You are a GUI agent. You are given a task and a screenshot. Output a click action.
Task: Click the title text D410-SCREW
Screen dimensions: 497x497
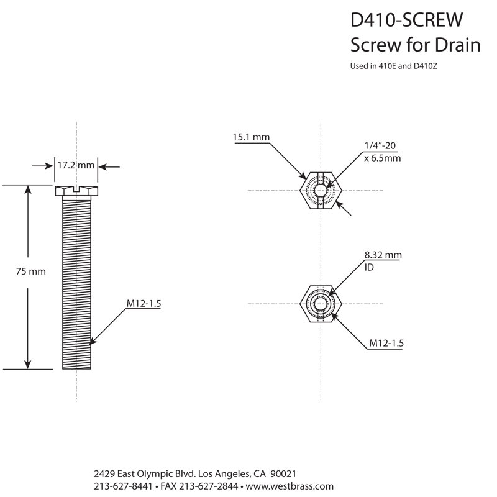coord(406,20)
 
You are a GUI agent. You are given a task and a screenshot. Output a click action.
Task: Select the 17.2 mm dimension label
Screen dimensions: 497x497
coord(76,165)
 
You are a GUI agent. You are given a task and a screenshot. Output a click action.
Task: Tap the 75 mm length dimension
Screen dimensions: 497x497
coord(30,271)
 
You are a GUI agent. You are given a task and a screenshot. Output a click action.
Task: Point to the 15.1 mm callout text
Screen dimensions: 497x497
coord(251,137)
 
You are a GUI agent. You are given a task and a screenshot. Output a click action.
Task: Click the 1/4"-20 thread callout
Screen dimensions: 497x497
coord(380,145)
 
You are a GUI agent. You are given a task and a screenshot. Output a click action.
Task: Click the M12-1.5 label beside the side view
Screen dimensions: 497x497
coord(144,303)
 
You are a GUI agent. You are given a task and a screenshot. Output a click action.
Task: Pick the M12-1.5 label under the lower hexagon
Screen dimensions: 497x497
coord(386,343)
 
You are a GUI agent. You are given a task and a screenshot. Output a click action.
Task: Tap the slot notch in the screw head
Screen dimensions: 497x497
coord(76,189)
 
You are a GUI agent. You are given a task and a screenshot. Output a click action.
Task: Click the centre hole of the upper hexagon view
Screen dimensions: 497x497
coord(321,191)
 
